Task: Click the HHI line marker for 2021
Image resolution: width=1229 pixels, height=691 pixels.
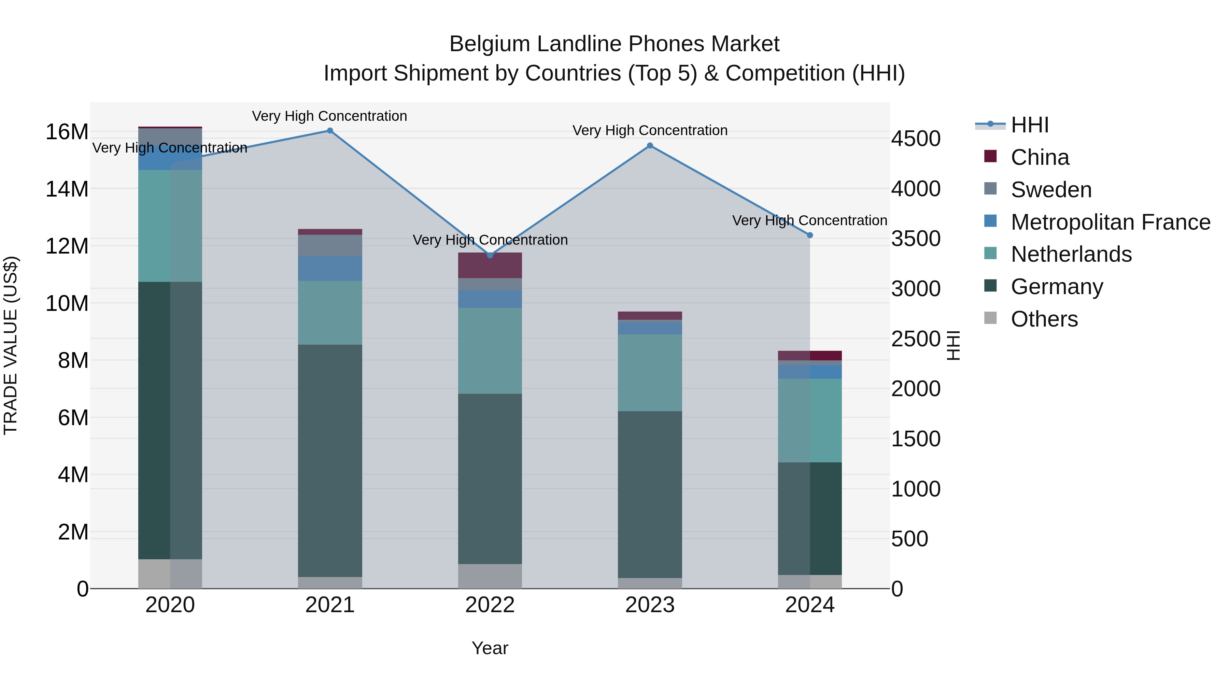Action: (x=330, y=131)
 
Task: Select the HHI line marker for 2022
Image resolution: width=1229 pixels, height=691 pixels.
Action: (x=490, y=255)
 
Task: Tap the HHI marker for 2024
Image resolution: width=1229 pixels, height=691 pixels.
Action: (x=810, y=235)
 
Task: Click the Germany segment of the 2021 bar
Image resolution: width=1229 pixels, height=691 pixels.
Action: (x=330, y=460)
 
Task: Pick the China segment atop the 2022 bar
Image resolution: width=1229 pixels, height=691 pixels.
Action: (x=490, y=265)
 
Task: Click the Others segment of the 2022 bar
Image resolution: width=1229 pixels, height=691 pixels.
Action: (x=490, y=576)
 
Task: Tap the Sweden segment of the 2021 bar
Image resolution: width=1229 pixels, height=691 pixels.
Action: (x=330, y=245)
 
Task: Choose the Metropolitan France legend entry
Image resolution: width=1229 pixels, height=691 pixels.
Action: (x=1110, y=222)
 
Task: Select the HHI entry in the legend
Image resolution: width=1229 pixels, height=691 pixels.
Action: (x=1030, y=125)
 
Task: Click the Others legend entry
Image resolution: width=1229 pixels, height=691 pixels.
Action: (x=1044, y=319)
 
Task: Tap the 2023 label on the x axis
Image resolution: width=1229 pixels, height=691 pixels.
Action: (x=650, y=605)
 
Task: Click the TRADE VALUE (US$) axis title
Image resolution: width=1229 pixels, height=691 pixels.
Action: (x=11, y=345)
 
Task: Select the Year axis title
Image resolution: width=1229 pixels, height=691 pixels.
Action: (x=490, y=648)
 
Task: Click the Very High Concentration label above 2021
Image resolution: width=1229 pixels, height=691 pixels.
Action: (x=330, y=116)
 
